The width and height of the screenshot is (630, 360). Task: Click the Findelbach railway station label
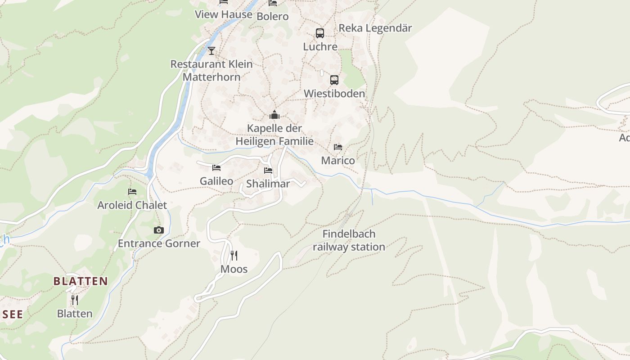click(349, 240)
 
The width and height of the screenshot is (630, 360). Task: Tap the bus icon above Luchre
click(320, 33)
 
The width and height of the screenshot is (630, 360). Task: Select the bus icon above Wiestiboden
click(334, 80)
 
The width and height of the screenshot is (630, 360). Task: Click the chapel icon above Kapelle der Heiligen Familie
click(274, 115)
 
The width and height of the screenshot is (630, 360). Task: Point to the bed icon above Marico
click(338, 147)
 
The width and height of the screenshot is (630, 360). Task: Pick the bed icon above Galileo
click(216, 168)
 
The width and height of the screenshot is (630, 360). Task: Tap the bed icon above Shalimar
click(268, 171)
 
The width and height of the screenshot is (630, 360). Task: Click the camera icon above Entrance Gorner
click(158, 230)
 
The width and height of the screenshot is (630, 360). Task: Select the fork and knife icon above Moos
click(234, 256)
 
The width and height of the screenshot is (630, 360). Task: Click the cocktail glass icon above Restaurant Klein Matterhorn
click(211, 50)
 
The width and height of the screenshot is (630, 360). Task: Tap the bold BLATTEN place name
click(81, 281)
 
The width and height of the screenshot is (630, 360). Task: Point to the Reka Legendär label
click(375, 28)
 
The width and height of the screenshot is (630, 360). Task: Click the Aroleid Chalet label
click(132, 205)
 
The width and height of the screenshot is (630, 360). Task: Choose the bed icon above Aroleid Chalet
click(132, 192)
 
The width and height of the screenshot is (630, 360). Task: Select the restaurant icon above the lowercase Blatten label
click(75, 300)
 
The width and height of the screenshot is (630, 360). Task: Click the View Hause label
click(224, 14)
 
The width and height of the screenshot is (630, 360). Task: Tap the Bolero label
click(272, 17)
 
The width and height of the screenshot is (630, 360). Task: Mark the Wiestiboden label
click(334, 94)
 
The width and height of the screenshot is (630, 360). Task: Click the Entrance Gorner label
click(159, 243)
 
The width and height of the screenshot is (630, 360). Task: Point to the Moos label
click(234, 269)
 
